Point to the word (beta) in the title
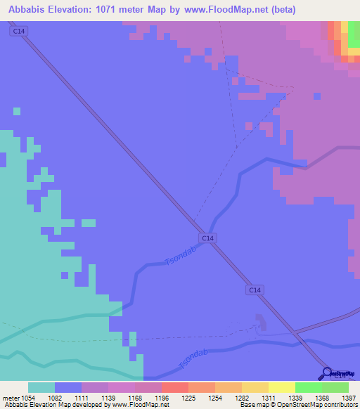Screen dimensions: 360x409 point(279,10)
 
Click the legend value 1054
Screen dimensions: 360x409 point(28,398)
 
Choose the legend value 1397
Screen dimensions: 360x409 point(349,398)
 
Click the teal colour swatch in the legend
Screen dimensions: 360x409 point(41,387)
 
